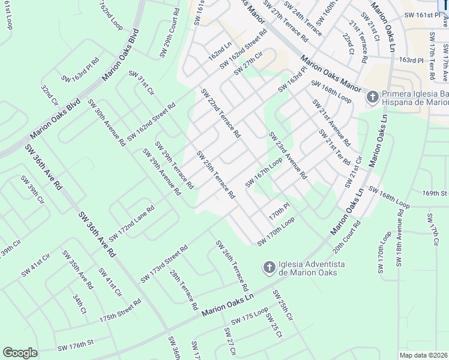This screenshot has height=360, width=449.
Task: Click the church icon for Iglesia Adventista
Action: pos(270,266)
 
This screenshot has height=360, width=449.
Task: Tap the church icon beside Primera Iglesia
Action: pos(372,96)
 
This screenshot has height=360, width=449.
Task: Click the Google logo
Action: pos(20,352)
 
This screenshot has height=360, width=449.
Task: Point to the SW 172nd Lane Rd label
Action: pos(131,223)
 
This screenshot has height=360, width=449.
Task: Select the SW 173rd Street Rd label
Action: pos(164,264)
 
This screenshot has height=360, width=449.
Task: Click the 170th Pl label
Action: pos(279,212)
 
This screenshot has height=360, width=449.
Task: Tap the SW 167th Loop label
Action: pos(264,172)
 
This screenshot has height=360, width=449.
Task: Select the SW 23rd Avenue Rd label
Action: pos(288,155)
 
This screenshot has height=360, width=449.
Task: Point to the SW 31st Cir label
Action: pos(142,82)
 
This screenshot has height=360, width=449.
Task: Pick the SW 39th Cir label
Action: pos(32,190)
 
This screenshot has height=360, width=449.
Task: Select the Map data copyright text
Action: pos(424,355)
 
